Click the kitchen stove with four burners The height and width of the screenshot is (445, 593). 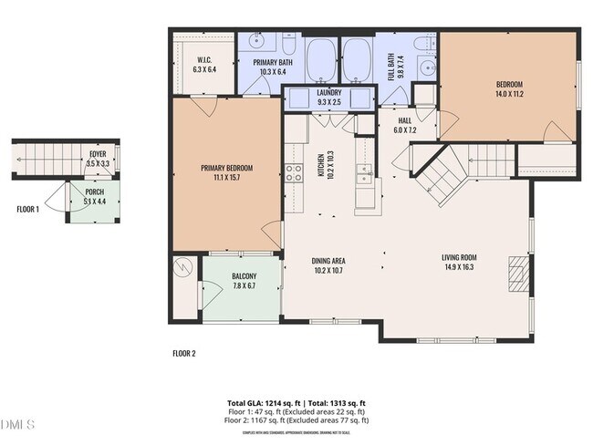tap(294, 172)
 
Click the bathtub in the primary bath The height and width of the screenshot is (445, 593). tap(320, 61)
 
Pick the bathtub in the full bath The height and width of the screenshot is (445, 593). tap(357, 61)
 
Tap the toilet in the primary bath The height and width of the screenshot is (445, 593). tap(288, 45)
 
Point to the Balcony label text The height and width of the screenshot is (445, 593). tap(244, 276)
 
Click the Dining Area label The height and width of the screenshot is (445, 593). tap(328, 261)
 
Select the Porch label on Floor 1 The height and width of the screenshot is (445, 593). tap(95, 192)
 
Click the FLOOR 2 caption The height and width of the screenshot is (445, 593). tap(183, 353)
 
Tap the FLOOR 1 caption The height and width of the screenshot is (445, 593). tap(28, 209)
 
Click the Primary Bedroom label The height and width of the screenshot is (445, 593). tap(226, 168)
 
